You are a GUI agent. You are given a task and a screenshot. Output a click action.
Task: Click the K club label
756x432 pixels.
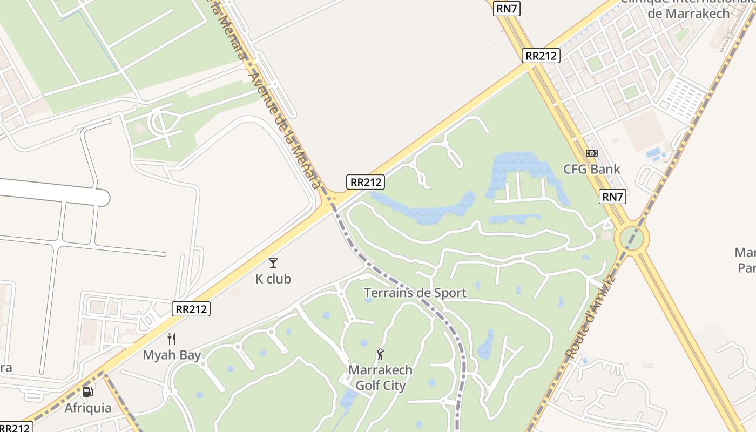[273, 279]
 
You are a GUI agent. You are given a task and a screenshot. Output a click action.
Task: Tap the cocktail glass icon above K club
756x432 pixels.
[273, 263]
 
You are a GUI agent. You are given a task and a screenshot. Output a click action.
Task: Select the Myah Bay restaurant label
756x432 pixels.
[172, 355]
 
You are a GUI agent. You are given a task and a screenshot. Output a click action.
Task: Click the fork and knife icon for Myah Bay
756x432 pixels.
[172, 339]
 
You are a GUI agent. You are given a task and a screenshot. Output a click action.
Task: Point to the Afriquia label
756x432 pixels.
[88, 408]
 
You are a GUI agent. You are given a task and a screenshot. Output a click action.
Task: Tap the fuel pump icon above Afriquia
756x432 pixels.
[87, 391]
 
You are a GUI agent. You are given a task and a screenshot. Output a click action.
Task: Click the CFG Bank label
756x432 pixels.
[592, 169]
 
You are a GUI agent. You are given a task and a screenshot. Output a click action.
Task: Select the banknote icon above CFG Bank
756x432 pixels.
[592, 153]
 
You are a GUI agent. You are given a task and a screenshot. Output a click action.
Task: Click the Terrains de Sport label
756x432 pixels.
[415, 293]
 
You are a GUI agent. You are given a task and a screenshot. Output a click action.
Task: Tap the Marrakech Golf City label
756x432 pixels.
[380, 378]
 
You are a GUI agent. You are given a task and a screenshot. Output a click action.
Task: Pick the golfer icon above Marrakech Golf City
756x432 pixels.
[380, 355]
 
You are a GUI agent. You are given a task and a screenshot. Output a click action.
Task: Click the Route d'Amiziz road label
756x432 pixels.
[590, 317]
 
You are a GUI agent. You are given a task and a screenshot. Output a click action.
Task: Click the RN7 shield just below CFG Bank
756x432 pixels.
[612, 197]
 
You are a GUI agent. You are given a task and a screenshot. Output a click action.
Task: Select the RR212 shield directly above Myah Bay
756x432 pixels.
[191, 309]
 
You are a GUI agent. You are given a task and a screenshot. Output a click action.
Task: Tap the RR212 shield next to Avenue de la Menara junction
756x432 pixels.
[366, 182]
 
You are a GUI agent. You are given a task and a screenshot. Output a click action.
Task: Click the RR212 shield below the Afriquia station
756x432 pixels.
[15, 427]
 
